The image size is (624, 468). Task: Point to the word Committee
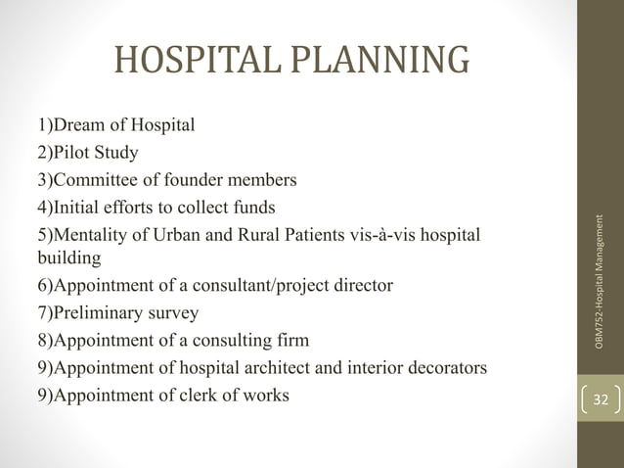coord(94,180)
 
